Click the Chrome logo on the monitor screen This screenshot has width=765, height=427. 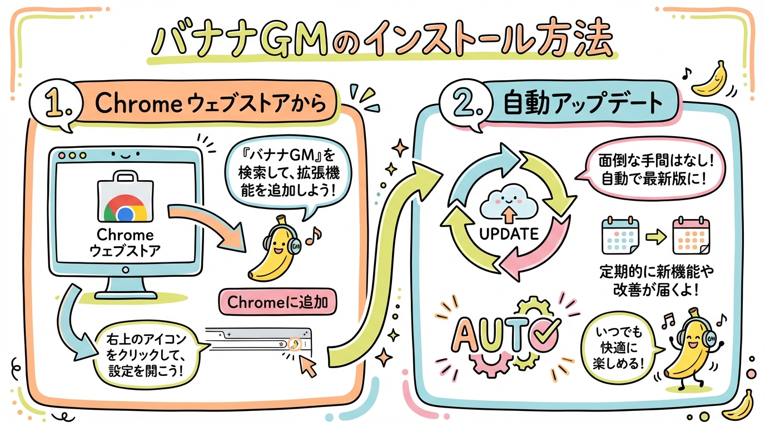click(x=125, y=212)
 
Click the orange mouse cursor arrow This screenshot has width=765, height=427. click(x=307, y=364)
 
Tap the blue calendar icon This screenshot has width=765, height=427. click(x=620, y=236)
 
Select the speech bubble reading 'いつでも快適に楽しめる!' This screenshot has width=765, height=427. click(x=617, y=348)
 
